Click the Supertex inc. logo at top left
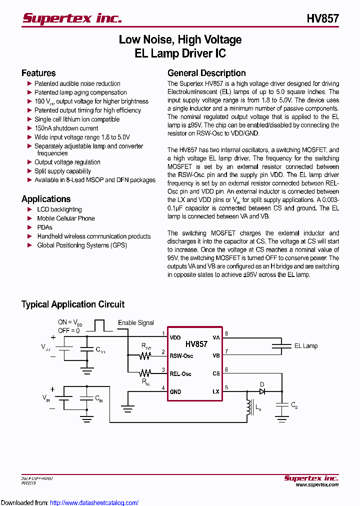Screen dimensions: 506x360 tap(72, 18)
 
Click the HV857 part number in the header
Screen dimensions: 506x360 tap(322, 19)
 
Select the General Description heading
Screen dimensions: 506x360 tap(206, 73)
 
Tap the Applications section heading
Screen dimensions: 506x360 tap(46, 199)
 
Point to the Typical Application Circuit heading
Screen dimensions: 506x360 tap(73, 304)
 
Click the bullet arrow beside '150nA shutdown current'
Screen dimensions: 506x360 tap(29, 128)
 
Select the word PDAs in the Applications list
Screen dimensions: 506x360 tap(44, 227)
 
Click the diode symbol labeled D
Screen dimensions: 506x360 tap(261, 391)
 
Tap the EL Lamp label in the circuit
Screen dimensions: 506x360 tap(305, 345)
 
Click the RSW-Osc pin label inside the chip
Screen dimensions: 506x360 tap(181, 356)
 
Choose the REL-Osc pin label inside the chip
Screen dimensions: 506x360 tap(180, 373)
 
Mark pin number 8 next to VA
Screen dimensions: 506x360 tap(226, 333)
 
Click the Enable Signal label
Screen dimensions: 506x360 tap(136, 323)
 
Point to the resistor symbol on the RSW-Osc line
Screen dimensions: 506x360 tap(145, 356)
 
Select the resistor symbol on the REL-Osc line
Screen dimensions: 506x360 tap(145, 373)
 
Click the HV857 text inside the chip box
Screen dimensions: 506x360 tap(196, 344)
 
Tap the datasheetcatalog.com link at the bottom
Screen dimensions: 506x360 tap(94, 502)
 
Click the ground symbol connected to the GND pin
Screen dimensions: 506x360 tap(128, 409)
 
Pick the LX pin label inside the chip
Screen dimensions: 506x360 tap(216, 391)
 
